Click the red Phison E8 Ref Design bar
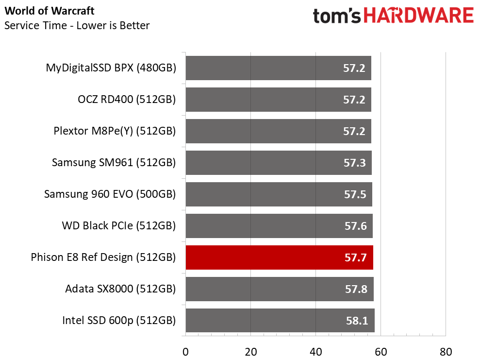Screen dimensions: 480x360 coord(279,257)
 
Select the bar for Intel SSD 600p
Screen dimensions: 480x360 coord(280,320)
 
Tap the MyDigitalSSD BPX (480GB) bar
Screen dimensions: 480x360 coord(278,68)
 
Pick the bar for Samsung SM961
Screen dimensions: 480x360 coord(279,163)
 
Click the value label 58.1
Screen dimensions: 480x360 coord(357,321)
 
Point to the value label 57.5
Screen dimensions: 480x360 coord(355,194)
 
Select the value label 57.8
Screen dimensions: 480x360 coord(356,289)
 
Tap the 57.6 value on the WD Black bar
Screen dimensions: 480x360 coord(355,226)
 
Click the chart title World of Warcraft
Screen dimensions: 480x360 coord(50,11)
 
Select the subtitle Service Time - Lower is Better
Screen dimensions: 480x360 coord(77,25)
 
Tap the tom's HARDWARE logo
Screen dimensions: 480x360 coord(394,16)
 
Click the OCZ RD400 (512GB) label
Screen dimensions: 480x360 coord(127,100)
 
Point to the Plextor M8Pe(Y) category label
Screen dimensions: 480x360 coord(115,131)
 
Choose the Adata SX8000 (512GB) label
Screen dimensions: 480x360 coord(121,289)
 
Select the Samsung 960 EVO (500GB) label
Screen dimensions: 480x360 coord(110,194)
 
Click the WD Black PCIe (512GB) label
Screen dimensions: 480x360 coord(119,226)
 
